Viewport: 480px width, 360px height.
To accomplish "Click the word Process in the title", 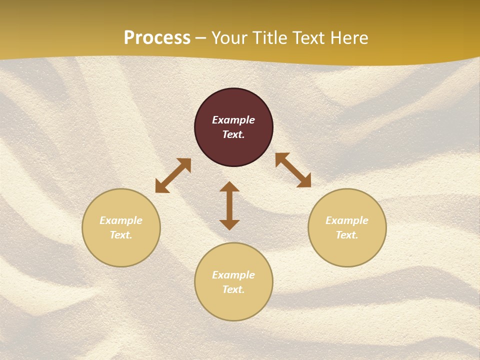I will click(157, 38).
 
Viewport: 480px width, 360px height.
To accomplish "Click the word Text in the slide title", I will click(309, 38).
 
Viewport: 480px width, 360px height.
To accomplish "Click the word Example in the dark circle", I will click(233, 120).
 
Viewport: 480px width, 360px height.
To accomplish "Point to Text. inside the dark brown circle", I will click(233, 134).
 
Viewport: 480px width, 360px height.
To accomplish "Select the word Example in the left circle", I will click(121, 220).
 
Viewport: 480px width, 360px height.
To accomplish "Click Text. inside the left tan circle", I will click(121, 235).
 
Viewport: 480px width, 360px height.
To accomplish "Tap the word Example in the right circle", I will click(347, 220).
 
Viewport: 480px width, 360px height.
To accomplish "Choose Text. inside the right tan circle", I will click(347, 235).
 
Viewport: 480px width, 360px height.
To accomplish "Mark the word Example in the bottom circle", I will click(233, 275).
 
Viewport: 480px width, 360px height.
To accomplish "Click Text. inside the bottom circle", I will click(233, 289).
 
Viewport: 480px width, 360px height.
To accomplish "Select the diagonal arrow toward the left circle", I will click(173, 175).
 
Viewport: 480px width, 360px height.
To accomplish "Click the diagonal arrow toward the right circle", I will click(293, 170).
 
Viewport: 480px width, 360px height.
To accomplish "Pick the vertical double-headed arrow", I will click(229, 205).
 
